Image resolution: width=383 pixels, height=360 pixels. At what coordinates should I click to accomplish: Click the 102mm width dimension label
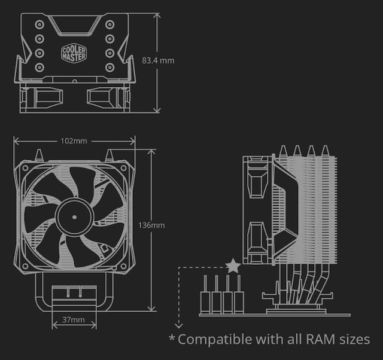(x=74, y=141)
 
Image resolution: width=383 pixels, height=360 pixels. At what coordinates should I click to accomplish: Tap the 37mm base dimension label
(x=74, y=321)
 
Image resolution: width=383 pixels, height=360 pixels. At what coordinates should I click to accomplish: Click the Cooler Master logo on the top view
(x=74, y=53)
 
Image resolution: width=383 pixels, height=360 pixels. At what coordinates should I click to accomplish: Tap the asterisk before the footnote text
(x=172, y=338)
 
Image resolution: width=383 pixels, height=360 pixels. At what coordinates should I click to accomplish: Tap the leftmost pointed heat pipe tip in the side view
(x=281, y=150)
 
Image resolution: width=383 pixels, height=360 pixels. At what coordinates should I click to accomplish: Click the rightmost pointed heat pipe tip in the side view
(x=325, y=150)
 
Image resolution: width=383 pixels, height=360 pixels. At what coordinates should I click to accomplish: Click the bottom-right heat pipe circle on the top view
(x=110, y=67)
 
